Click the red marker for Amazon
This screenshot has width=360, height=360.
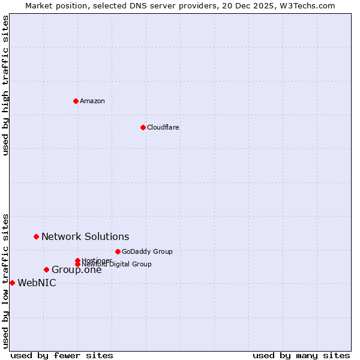pyautogui.click(x=76, y=101)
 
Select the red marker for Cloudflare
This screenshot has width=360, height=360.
pyautogui.click(x=143, y=127)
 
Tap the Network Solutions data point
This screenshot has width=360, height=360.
pyautogui.click(x=36, y=237)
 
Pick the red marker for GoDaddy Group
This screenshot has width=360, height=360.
pyautogui.click(x=118, y=251)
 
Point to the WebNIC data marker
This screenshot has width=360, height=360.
pyautogui.click(x=12, y=283)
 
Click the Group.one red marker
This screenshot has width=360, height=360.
pyautogui.click(x=46, y=269)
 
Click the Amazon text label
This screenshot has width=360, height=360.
pyautogui.click(x=92, y=101)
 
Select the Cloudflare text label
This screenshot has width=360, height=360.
pyautogui.click(x=163, y=127)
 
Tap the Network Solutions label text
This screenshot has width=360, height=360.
pyautogui.click(x=85, y=237)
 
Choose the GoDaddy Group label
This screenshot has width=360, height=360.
pyautogui.click(x=147, y=251)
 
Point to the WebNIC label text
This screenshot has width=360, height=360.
pyautogui.click(x=37, y=283)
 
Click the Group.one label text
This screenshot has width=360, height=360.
pyautogui.click(x=76, y=270)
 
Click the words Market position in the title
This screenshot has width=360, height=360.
pyautogui.click(x=53, y=5)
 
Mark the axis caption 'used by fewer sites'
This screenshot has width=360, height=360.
pyautogui.click(x=62, y=355)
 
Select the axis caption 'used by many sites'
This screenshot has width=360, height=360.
pyautogui.click(x=301, y=355)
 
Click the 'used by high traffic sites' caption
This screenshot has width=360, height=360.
pyautogui.click(x=5, y=85)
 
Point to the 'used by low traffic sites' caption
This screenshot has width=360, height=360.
pyautogui.click(x=5, y=280)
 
